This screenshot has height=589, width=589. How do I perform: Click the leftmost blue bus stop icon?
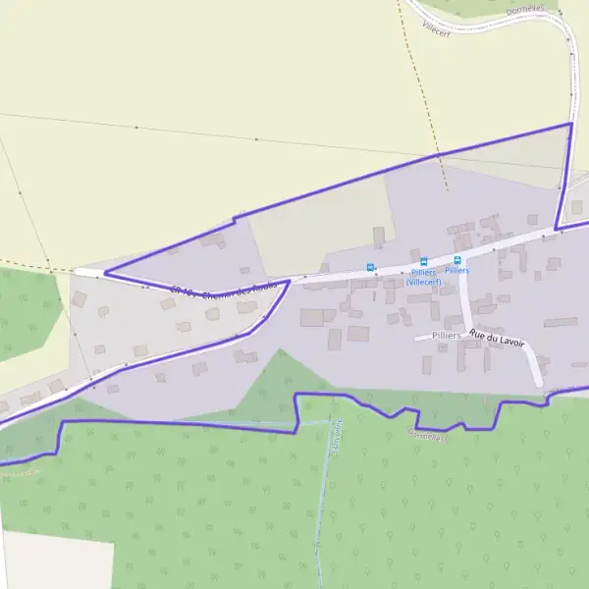click(x=370, y=267)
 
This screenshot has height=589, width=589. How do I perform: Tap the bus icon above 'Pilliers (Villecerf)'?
click(x=424, y=262)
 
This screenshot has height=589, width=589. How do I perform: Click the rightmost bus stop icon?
click(x=456, y=260)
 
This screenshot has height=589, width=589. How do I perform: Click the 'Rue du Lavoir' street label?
click(x=497, y=339)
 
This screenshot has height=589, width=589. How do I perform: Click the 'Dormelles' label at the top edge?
click(x=524, y=10)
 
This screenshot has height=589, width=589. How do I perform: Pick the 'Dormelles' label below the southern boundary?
click(x=429, y=439)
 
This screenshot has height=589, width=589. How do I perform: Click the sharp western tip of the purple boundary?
click(x=104, y=273)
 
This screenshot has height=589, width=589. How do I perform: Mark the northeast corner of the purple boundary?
click(x=570, y=124)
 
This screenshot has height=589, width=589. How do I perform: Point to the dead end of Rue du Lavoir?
click(x=539, y=385)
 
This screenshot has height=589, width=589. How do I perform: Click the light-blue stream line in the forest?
click(x=321, y=501)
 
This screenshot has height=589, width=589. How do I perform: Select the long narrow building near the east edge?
click(x=561, y=322)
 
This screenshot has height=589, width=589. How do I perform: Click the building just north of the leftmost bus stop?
click(x=379, y=237)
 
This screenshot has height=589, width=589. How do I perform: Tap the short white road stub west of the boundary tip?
click(x=88, y=272)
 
